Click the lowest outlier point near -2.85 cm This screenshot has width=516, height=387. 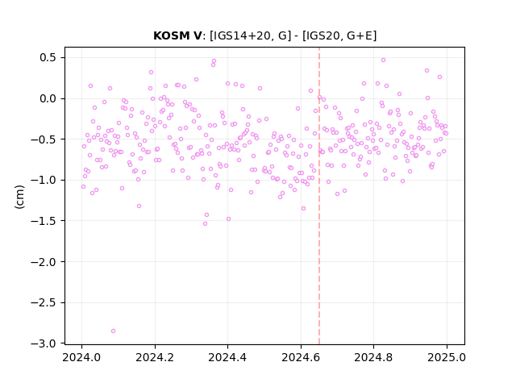[x=113, y=331]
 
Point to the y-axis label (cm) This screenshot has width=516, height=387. [x=19, y=197]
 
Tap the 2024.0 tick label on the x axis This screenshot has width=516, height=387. [x=81, y=357]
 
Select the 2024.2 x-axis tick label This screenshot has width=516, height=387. [x=155, y=357]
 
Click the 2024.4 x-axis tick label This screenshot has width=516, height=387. [x=227, y=357]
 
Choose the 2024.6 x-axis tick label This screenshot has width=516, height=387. [x=301, y=357]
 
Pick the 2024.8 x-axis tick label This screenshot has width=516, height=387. [x=373, y=357]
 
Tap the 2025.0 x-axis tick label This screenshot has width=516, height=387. [x=447, y=357]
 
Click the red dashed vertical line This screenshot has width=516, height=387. [x=319, y=196]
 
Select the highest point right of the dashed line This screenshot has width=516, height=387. [x=384, y=60]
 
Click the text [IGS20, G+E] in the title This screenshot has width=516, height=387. [x=339, y=35]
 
